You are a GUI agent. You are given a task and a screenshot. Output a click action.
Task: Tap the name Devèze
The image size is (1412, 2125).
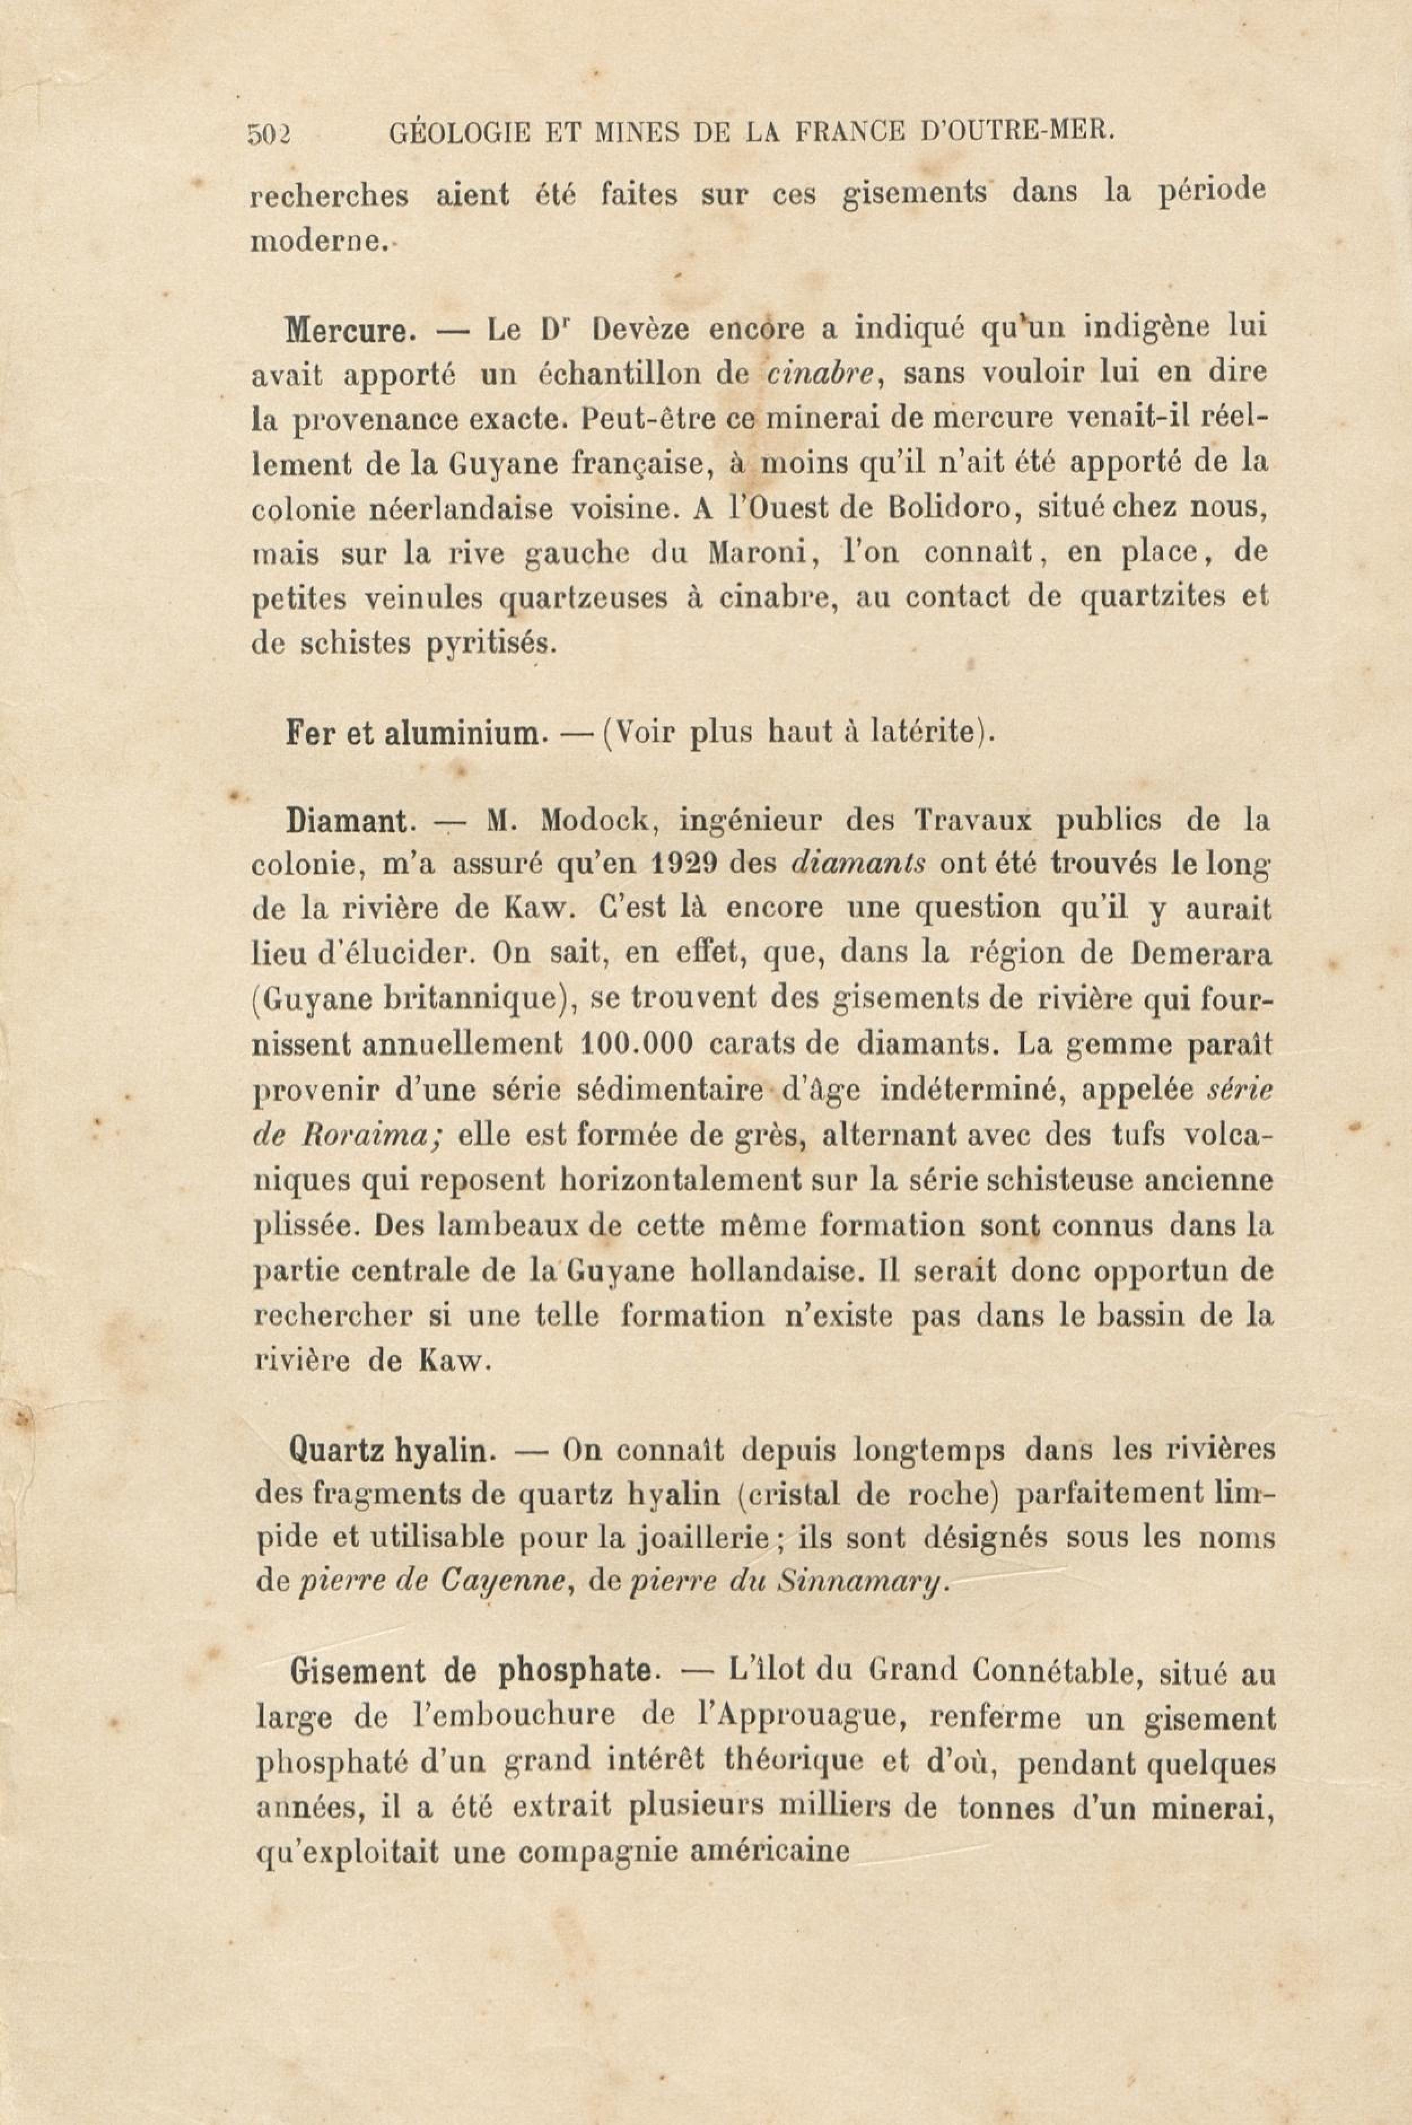(x=641, y=330)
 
